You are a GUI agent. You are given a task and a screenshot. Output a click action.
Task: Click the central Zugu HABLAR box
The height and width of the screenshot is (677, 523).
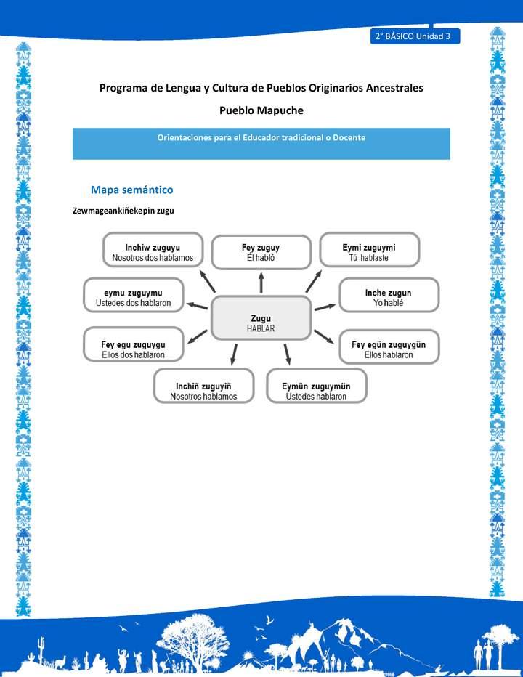[x=261, y=318]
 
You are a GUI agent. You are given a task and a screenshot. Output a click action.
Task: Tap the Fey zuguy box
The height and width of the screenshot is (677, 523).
[x=261, y=252]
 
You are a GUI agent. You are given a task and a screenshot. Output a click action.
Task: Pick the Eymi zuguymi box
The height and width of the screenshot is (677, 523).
[x=369, y=251]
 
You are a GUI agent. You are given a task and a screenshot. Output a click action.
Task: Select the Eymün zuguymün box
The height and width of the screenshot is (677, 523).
[x=316, y=386]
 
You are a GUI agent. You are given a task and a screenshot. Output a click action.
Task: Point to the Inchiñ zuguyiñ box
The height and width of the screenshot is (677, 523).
[x=203, y=386]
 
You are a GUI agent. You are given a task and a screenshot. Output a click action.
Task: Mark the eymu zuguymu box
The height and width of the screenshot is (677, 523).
[x=134, y=296]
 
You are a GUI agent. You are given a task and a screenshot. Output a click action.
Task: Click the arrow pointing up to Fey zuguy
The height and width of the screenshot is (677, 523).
[x=261, y=282]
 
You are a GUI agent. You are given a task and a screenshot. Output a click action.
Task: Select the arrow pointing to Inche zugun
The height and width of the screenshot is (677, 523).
[x=325, y=307]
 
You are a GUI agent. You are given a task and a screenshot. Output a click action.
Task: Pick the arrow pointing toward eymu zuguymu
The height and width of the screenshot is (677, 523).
[x=197, y=304]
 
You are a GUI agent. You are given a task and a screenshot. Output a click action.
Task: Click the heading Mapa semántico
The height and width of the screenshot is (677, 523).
[x=131, y=190]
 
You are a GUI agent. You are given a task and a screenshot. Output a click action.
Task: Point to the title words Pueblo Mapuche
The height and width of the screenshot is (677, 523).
[x=261, y=110]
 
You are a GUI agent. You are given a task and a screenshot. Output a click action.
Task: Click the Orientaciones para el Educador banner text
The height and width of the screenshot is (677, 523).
[x=261, y=137]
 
